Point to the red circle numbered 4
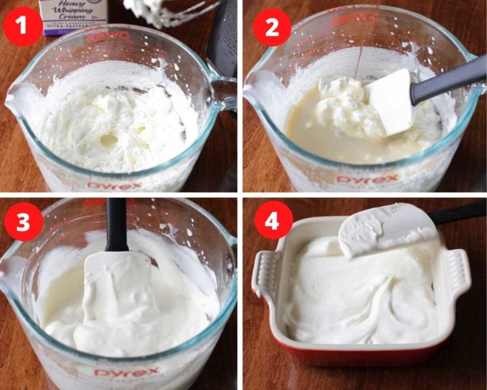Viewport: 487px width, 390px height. (x=273, y=222)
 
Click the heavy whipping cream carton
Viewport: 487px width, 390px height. (x=72, y=15)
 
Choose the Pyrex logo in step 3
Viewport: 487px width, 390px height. (x=127, y=372)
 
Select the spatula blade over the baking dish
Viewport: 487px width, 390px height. (x=386, y=230)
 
